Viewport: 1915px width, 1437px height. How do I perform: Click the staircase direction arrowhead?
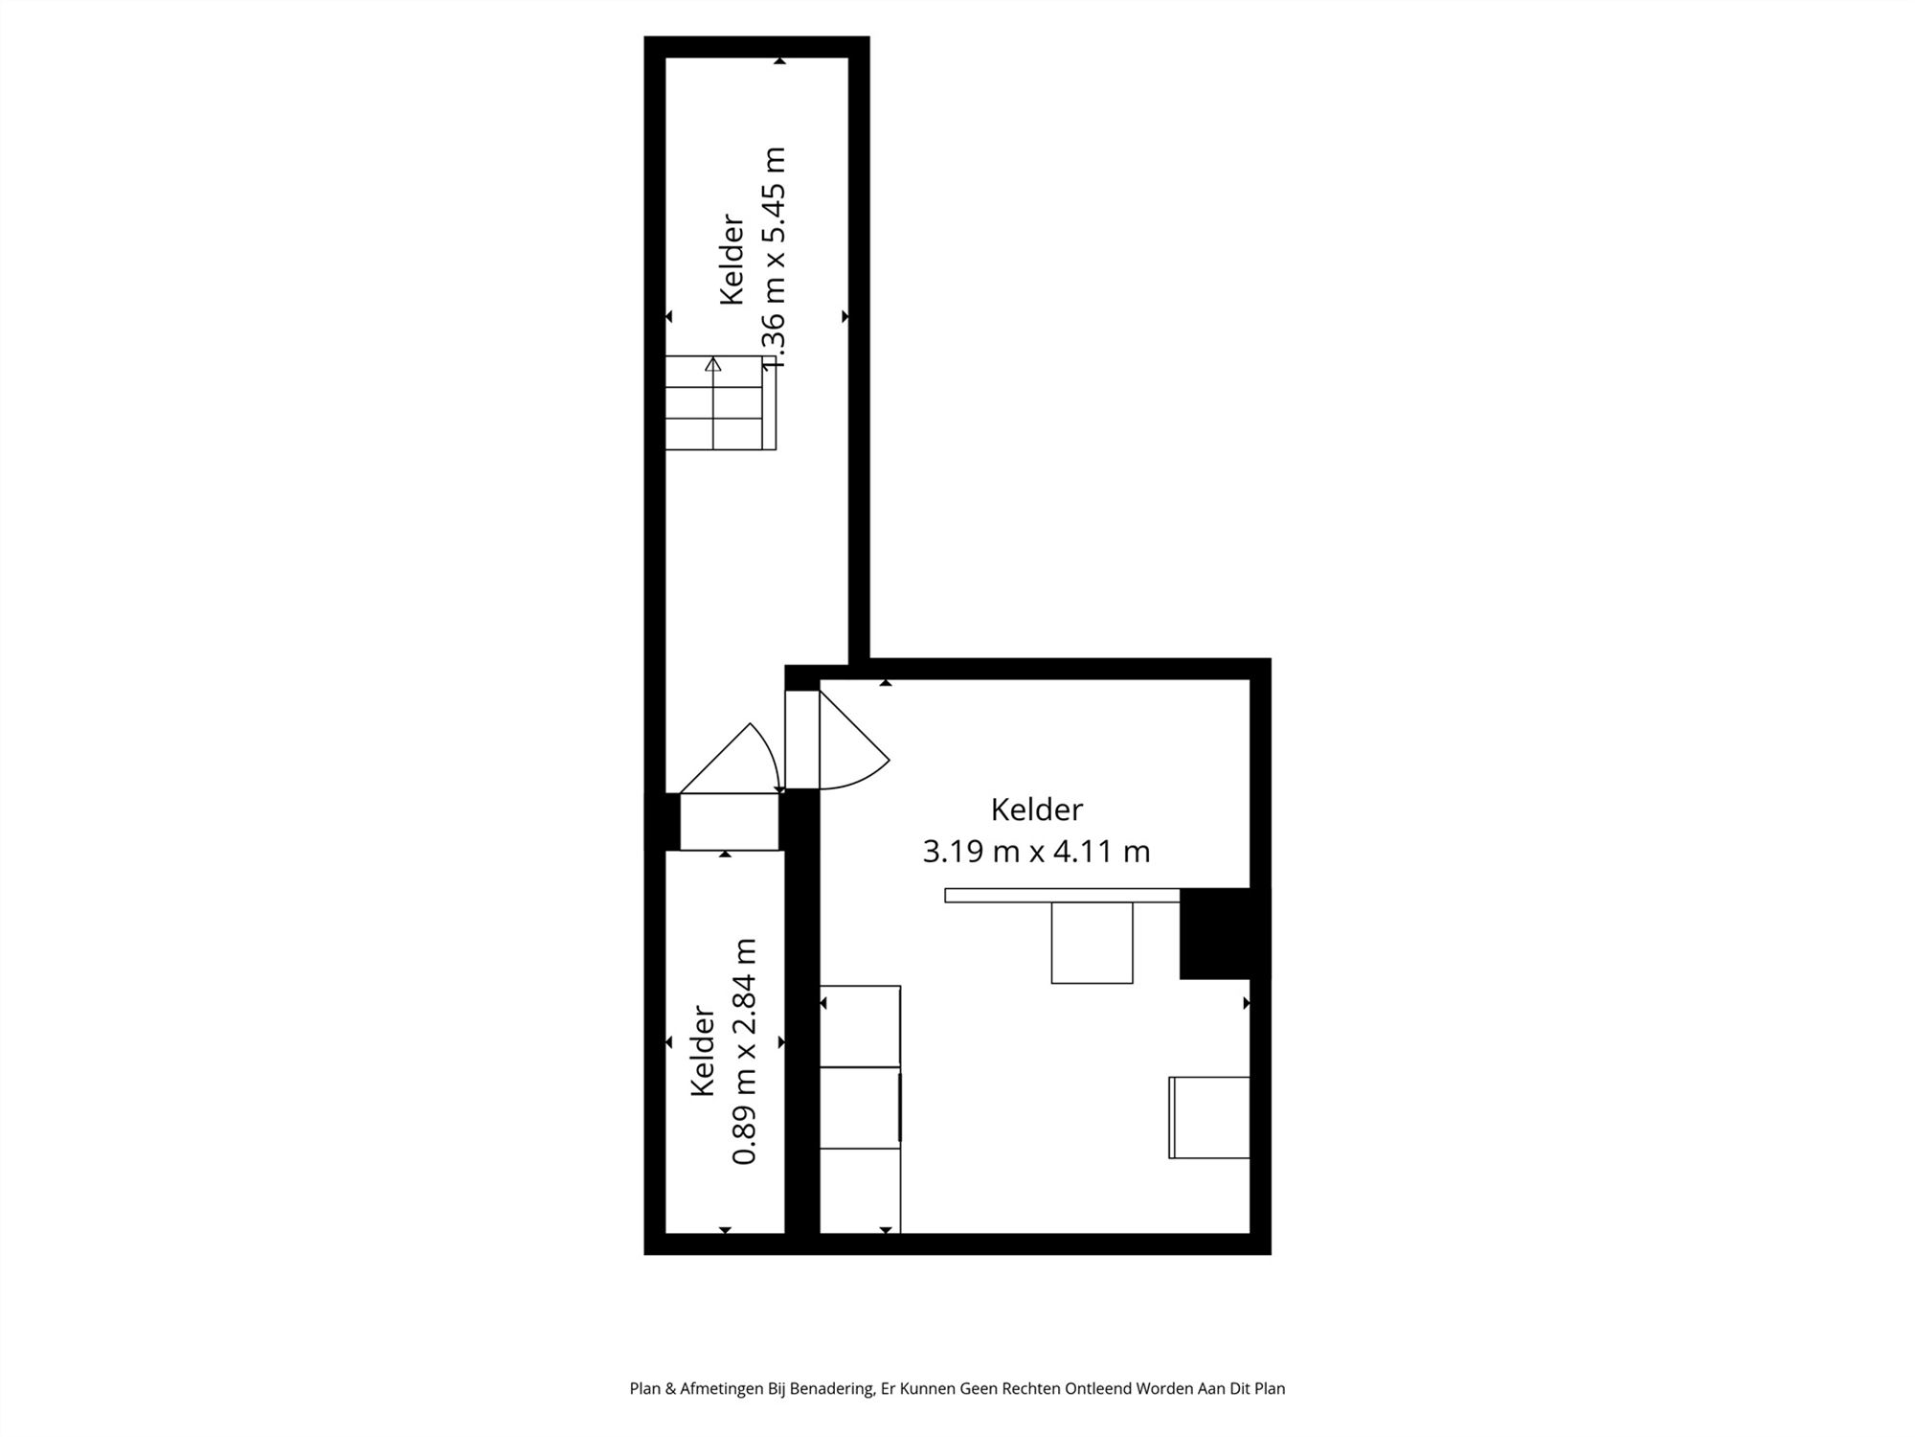712,364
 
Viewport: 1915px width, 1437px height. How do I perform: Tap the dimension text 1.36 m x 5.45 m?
773,259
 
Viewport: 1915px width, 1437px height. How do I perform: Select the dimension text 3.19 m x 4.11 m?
1036,851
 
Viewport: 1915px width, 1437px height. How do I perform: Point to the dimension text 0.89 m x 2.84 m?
745,1051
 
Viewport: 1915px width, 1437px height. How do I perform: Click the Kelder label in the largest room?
1036,810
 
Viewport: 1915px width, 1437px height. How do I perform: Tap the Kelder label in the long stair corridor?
732,259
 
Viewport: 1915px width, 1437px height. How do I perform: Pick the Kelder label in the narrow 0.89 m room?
703,1051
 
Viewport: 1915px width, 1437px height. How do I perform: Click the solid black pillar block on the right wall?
1214,933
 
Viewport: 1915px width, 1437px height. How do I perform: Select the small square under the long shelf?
1092,943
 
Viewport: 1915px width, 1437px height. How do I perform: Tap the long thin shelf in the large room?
1061,895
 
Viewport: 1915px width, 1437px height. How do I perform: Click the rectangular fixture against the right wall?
1209,1117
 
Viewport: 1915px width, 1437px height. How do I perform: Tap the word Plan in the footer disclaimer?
645,1388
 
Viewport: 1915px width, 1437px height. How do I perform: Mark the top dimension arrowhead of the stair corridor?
779,61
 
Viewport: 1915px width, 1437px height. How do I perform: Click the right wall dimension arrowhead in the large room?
1246,1003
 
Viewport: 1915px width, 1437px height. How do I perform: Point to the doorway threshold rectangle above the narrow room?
729,821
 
